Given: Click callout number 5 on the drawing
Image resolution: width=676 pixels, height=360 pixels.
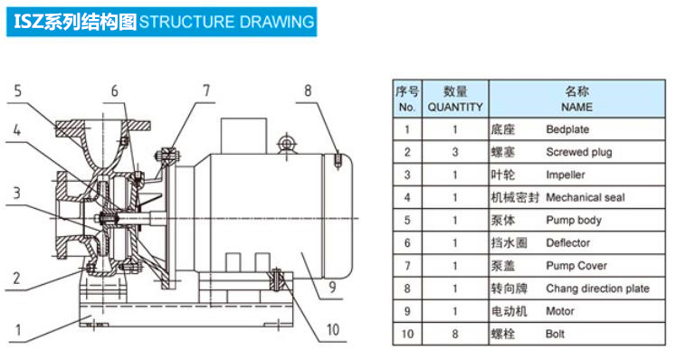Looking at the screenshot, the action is [17, 91].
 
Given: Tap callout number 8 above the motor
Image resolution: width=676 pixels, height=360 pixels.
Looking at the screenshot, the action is [308, 90].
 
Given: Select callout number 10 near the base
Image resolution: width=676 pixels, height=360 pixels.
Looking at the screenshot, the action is [333, 330].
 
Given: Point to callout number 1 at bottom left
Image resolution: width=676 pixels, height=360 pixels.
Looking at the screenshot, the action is [18, 331].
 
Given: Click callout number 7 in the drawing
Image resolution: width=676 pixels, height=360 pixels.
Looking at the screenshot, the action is [206, 90].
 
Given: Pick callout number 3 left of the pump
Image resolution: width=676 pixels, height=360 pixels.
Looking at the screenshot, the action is [16, 193].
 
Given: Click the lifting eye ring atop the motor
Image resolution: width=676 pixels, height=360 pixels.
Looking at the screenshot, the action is [286, 143].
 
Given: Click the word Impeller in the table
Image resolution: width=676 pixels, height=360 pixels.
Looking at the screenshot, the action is [566, 175].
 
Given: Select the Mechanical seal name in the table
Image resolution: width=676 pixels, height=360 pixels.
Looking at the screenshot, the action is [585, 197].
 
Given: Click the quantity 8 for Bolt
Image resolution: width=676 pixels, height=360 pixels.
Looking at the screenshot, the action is [455, 334].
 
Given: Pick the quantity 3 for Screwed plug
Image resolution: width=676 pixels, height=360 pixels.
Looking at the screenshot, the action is [455, 152].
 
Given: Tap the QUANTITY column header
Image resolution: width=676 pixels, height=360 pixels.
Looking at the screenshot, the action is [455, 107].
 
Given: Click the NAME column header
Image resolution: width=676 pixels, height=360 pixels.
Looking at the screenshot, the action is [576, 107].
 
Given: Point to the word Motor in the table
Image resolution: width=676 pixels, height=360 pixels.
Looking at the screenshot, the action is [560, 311].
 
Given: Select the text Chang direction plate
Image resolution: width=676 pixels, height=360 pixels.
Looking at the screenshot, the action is [597, 289].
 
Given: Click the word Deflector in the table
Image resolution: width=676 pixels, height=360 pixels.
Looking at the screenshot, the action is [567, 243].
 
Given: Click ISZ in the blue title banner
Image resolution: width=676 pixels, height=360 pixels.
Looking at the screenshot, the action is [28, 22].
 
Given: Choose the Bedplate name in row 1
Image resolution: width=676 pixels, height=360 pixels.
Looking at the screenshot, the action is [567, 129].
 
